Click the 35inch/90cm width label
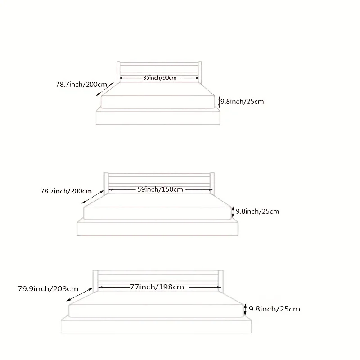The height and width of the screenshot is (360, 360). (159, 78)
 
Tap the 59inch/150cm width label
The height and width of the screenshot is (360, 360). (160, 189)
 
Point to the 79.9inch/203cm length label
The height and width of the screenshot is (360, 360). (48, 288)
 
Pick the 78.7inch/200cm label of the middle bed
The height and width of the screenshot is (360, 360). (66, 191)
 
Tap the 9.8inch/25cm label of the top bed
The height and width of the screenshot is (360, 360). (242, 101)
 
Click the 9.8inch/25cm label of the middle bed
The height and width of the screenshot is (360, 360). (257, 211)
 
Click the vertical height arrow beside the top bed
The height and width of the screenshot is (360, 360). (219, 102)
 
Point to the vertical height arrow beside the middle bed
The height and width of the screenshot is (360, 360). (233, 211)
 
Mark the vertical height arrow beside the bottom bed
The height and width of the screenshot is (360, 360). (245, 310)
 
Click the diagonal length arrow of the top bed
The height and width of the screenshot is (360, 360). (105, 89)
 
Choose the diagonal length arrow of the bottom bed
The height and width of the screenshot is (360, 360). (78, 294)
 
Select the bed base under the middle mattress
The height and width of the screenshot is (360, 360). (157, 228)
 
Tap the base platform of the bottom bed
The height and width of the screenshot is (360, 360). (157, 326)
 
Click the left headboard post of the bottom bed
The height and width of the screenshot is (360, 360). (95, 281)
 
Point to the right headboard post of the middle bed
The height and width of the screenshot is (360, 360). (212, 182)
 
